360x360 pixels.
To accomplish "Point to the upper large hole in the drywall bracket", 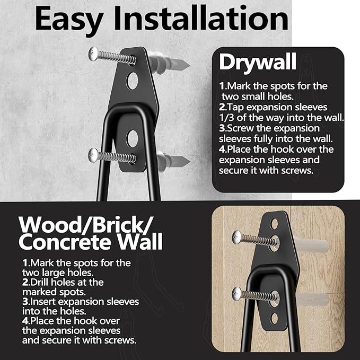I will click(132, 80).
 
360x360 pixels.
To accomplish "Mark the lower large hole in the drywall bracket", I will click(132, 139).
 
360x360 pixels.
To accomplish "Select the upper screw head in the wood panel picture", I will click(236, 236).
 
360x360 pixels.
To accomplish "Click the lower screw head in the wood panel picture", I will click(236, 293).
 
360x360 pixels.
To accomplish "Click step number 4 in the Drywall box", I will click(222, 149).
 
